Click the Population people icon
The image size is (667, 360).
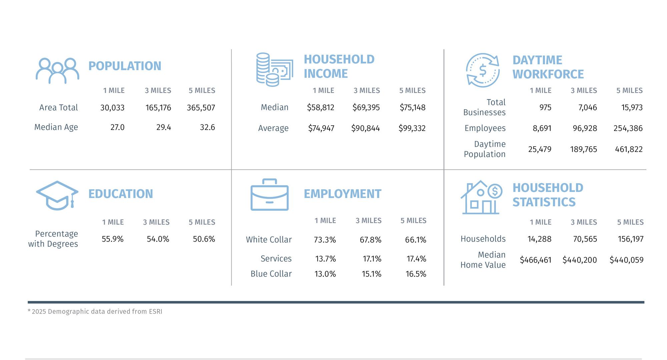click(57, 71)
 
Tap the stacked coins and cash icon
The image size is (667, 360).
click(274, 69)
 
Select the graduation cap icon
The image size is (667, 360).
click(57, 195)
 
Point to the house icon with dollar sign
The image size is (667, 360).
click(481, 197)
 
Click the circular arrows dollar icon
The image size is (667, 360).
click(483, 70)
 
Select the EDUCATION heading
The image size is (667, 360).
click(120, 194)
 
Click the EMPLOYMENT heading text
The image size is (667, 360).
click(342, 194)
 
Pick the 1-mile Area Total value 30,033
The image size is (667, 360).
click(112, 108)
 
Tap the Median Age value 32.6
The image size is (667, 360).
click(207, 127)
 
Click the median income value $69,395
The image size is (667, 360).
click(366, 107)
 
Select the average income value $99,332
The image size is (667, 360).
click(412, 128)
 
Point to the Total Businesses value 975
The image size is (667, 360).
click(545, 107)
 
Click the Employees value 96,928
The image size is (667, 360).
click(585, 128)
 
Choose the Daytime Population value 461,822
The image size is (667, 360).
click(629, 149)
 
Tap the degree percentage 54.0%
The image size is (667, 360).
click(158, 239)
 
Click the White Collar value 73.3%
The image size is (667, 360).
click(325, 240)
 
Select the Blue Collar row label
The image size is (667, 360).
click(271, 274)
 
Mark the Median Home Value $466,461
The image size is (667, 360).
click(535, 260)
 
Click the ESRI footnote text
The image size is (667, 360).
click(95, 312)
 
